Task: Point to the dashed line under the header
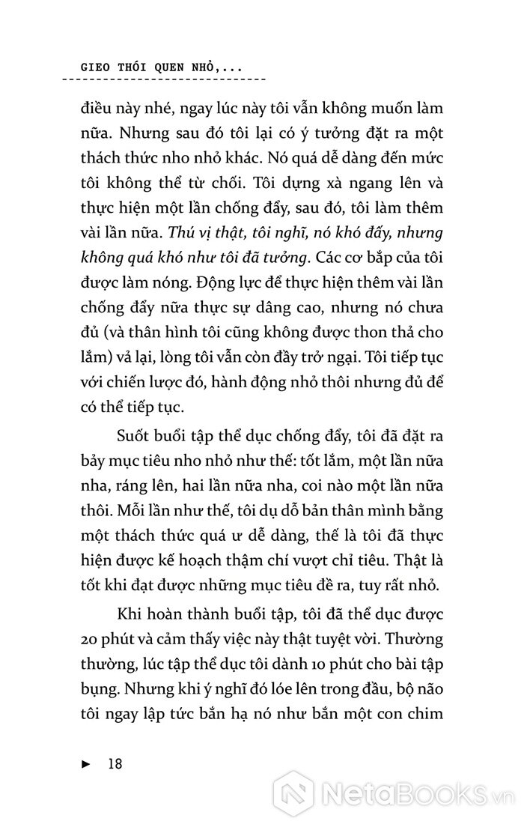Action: click(x=165, y=79)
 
